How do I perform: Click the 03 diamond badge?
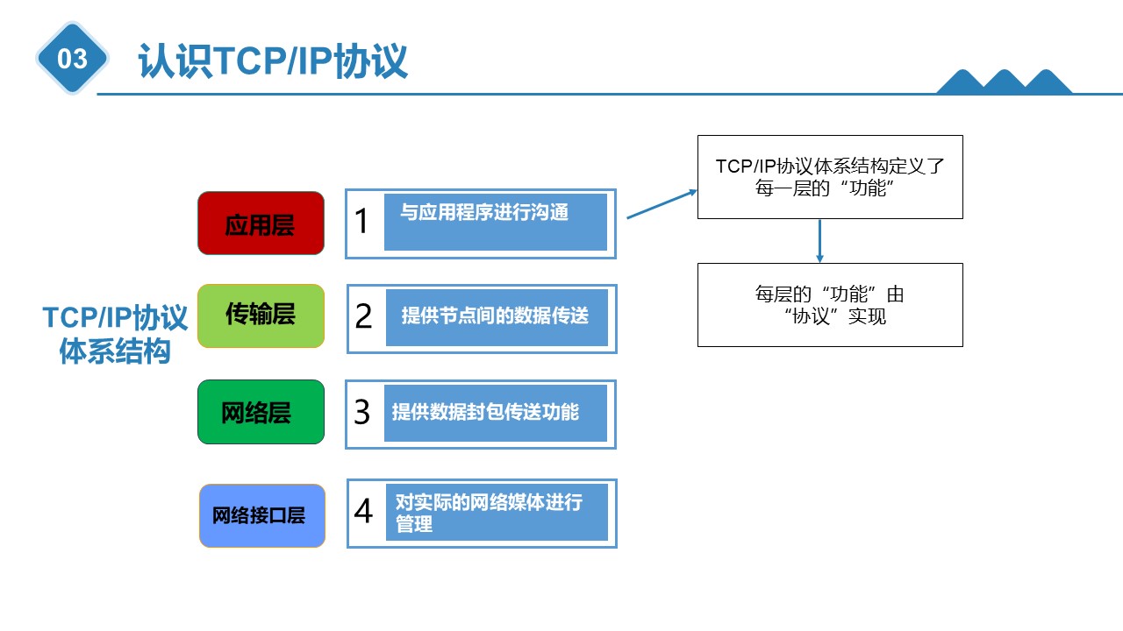pos(72,58)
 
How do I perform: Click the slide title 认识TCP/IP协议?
pos(273,60)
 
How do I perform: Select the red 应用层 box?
pos(261,223)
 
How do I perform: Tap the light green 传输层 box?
pos(261,316)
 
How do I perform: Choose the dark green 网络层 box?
pos(261,412)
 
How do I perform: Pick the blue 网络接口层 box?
pos(262,516)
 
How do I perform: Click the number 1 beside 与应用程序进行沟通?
pos(361,221)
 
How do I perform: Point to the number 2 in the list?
pos(363,316)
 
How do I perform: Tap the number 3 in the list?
pos(362,412)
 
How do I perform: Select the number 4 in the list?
pos(363,511)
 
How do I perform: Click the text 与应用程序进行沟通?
pos(484,212)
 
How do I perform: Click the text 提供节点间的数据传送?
pos(495,316)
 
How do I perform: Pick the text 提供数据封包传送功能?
pos(485,412)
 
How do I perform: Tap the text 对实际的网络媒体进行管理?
pos(489,513)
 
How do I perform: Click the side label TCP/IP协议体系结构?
pos(115,334)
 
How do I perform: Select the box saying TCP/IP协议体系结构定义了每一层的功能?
pos(830,177)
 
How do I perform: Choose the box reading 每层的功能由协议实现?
pos(830,305)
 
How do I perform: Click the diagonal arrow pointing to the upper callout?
pos(662,204)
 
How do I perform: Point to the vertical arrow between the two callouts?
pos(819,241)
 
